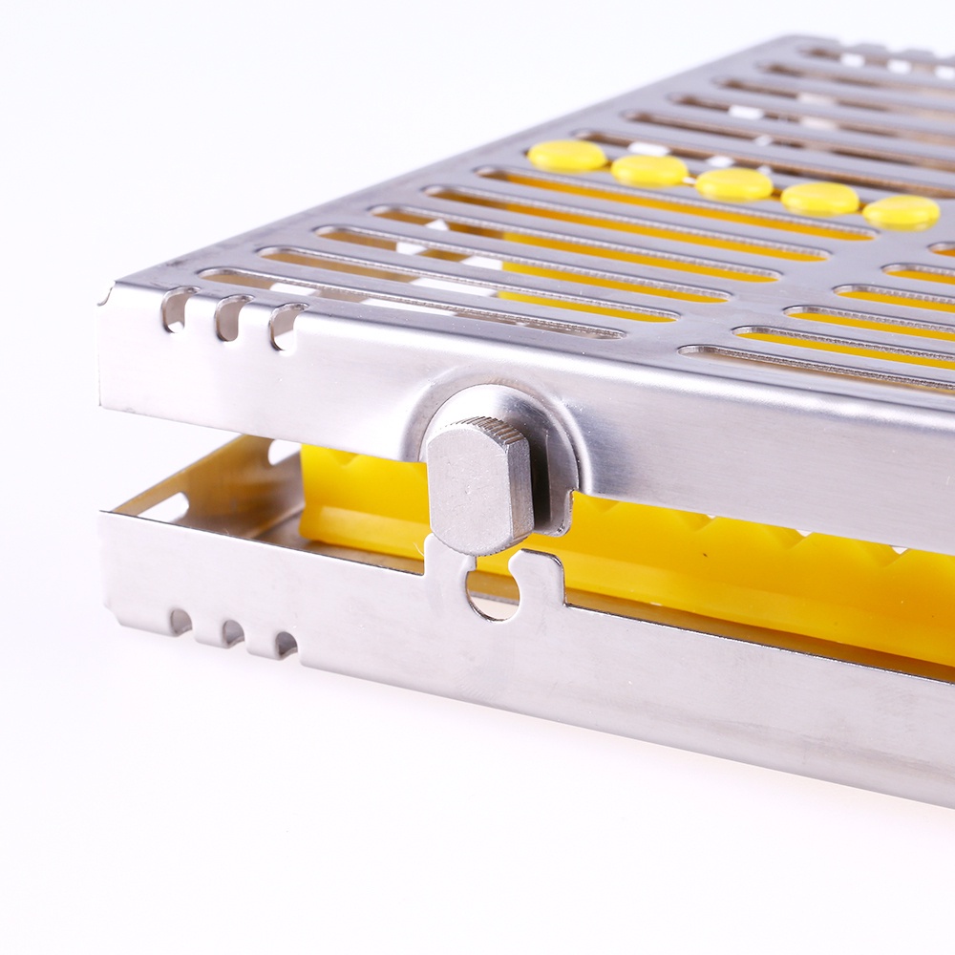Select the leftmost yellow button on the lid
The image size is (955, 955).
point(567,156)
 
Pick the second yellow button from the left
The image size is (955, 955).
point(649,170)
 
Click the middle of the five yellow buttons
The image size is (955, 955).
point(733,184)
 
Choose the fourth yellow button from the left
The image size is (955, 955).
point(819,199)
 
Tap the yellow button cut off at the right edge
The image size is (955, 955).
point(902,212)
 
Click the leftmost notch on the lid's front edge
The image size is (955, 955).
point(177,308)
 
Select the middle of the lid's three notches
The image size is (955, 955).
point(230,317)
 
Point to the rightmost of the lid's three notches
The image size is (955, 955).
point(285,326)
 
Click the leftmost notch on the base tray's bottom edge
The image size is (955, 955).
point(180,622)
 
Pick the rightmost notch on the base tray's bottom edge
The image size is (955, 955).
point(285,644)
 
